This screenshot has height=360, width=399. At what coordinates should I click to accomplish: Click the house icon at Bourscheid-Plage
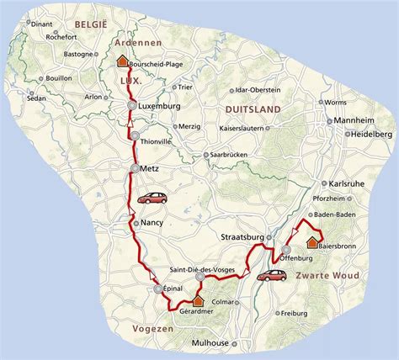click(122, 61)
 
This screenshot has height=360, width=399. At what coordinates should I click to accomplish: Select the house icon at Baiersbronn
click(311, 243)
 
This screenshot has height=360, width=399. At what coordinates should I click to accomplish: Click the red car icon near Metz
click(152, 199)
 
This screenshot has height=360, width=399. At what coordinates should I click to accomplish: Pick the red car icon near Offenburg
click(270, 274)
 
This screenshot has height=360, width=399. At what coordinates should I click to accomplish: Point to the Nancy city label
click(153, 223)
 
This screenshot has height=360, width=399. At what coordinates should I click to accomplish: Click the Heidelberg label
click(373, 134)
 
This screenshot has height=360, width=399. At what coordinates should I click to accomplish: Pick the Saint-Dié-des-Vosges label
click(202, 268)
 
